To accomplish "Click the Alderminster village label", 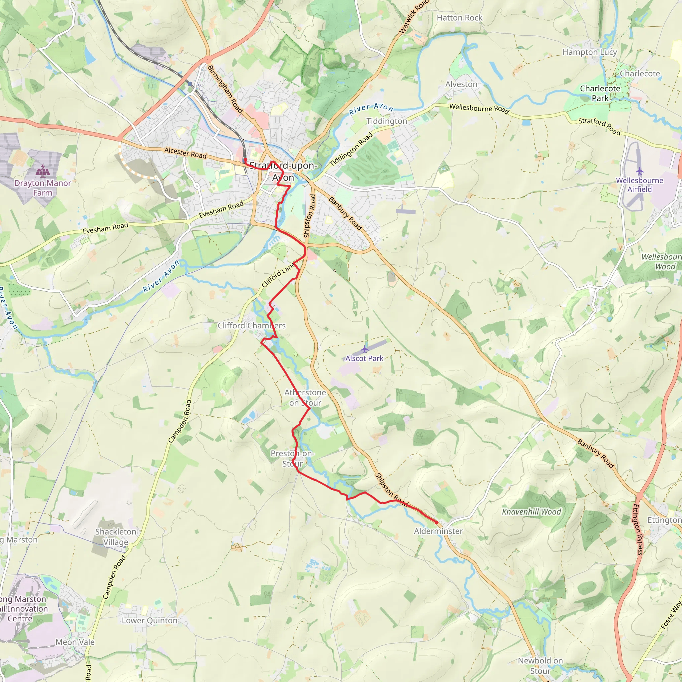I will pyautogui.click(x=438, y=531).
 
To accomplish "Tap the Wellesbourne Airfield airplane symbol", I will pyautogui.click(x=639, y=171).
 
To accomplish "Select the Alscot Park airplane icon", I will pyautogui.click(x=365, y=349).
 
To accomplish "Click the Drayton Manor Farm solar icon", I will pyautogui.click(x=43, y=171).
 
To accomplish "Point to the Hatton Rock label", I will pyautogui.click(x=459, y=18).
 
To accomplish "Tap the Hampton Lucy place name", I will pyautogui.click(x=589, y=52).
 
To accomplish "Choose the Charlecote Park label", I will pyautogui.click(x=600, y=93).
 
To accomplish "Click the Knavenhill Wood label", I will pyautogui.click(x=531, y=512).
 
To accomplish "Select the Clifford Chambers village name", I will pyautogui.click(x=251, y=325).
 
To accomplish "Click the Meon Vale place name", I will pyautogui.click(x=75, y=642).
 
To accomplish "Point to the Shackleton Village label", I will pyautogui.click(x=116, y=536).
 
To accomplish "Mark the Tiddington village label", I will pyautogui.click(x=387, y=121).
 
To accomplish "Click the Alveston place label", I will pyautogui.click(x=461, y=84).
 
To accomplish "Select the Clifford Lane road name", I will pyautogui.click(x=278, y=275).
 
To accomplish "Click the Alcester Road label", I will pyautogui.click(x=185, y=153).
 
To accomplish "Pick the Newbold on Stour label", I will pyautogui.click(x=540, y=665).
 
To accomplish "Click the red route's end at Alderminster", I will pyautogui.click(x=437, y=523).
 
